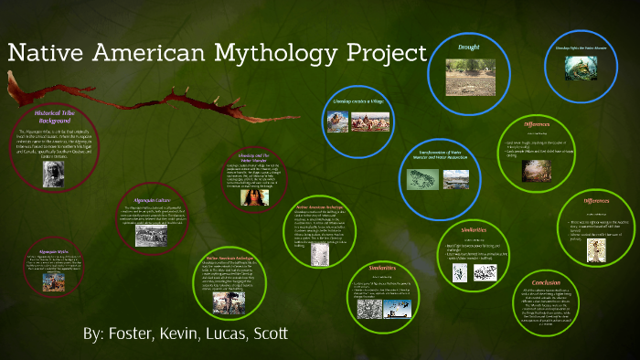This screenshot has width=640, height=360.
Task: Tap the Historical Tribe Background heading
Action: point(54,117)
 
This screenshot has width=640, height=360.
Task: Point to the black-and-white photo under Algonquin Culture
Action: point(149,234)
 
